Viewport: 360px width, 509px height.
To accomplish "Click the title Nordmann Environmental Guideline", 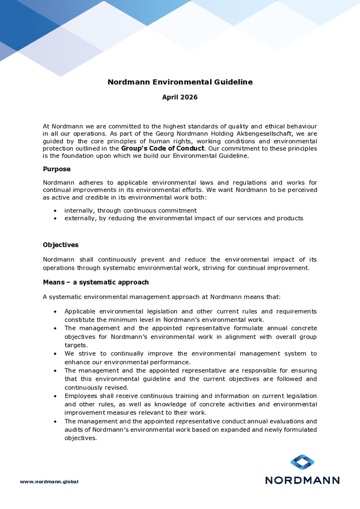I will click(x=180, y=82).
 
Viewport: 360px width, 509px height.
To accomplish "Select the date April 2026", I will click(x=180, y=97).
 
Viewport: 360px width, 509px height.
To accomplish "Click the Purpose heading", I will click(x=57, y=169).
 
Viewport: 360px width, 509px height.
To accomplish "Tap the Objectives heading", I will click(x=61, y=245).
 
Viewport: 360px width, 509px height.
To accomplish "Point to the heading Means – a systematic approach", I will click(x=95, y=282).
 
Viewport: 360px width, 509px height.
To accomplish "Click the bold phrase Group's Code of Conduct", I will click(x=163, y=148).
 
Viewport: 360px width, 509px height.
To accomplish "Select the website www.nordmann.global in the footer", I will click(x=49, y=481).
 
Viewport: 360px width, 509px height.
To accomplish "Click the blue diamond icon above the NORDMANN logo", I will click(x=302, y=462).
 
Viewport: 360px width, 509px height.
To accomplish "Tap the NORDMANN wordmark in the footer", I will click(x=302, y=480).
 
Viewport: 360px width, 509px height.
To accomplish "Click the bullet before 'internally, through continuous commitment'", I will click(x=56, y=211).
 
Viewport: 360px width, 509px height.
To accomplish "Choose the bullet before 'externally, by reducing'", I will click(x=56, y=219).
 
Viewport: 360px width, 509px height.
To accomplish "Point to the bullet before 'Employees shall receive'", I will click(x=56, y=396).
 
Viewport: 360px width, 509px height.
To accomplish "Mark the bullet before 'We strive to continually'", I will click(x=56, y=353).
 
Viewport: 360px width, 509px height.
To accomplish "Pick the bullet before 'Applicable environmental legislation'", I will click(x=56, y=311).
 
